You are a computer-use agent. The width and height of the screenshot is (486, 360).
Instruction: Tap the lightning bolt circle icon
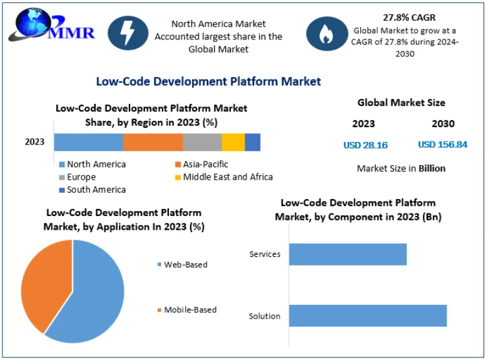coord(128,33)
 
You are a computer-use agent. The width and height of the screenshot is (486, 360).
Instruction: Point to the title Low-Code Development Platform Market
coord(208,81)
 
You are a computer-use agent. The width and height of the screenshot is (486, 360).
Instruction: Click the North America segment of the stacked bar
coord(88,142)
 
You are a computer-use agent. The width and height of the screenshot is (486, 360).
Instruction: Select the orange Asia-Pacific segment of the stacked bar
coord(153,142)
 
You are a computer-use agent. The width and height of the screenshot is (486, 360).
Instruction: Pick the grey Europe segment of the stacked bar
coord(202,142)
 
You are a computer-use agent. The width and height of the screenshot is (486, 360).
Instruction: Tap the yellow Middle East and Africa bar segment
coord(233,142)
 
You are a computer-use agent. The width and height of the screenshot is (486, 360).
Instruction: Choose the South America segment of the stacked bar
coord(252,142)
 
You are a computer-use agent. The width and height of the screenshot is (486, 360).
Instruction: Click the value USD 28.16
coord(365,145)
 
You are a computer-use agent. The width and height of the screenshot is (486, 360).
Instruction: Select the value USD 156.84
coord(442,145)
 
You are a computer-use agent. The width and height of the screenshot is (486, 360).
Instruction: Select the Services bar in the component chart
coord(348,254)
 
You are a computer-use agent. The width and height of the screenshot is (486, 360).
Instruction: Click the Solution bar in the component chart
coord(368,316)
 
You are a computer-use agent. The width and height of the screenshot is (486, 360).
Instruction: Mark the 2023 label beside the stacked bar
coord(35,141)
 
